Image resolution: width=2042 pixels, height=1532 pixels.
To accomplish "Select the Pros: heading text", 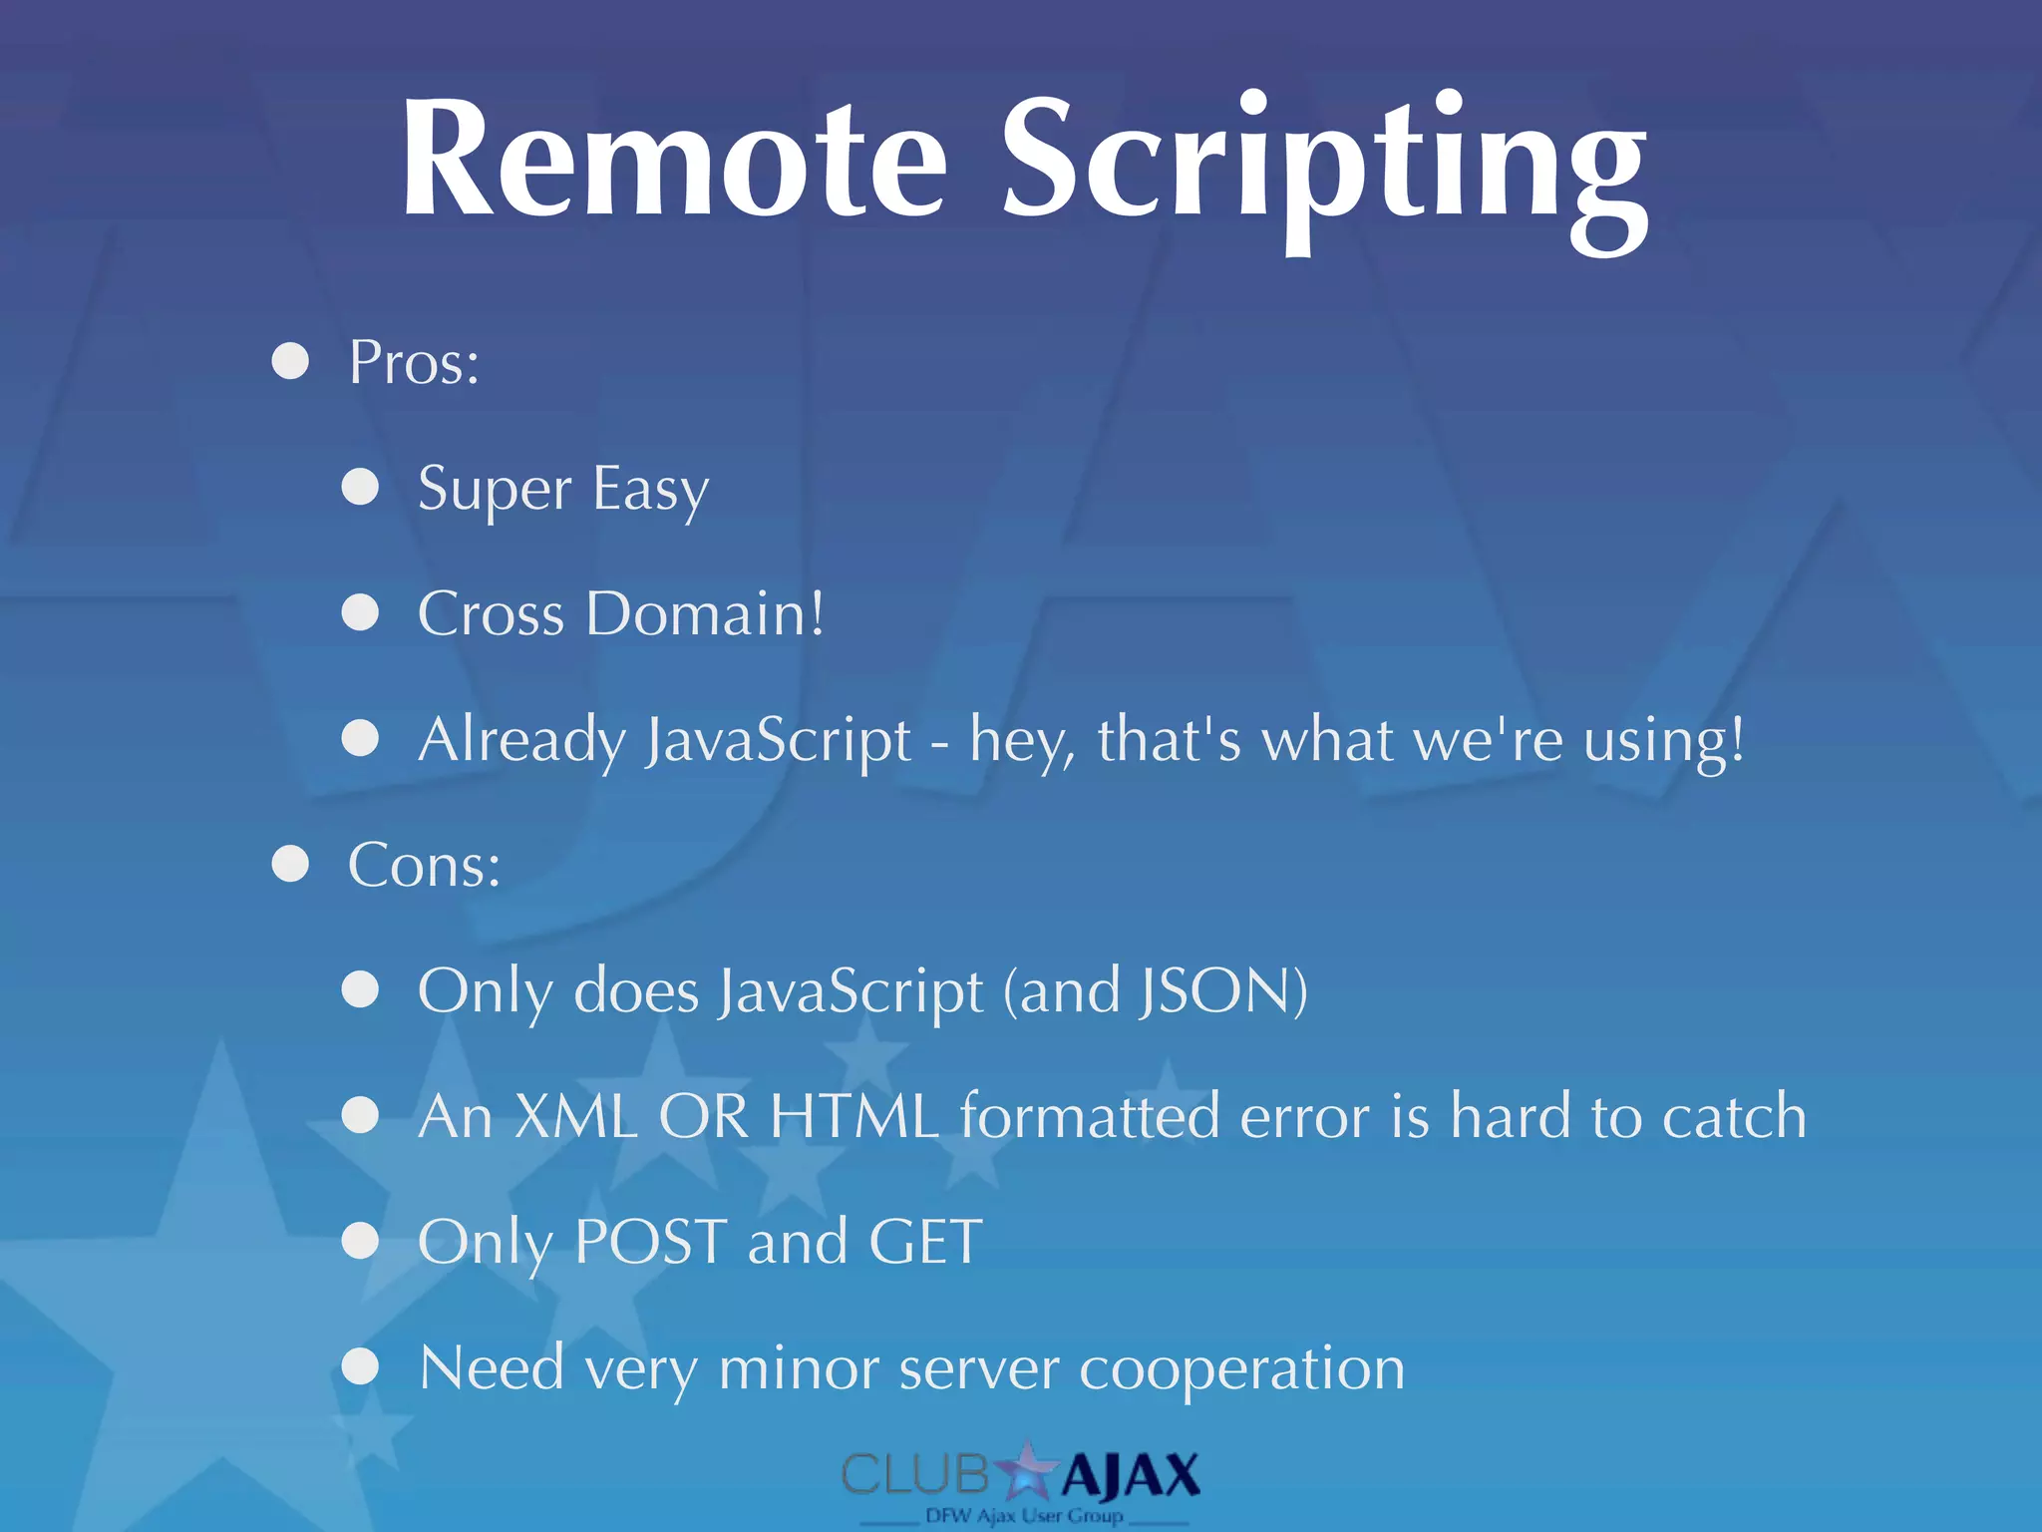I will pos(414,362).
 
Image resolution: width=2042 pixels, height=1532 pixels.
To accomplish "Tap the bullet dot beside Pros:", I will pos(290,361).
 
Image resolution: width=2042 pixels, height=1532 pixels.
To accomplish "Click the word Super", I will pos(495,491).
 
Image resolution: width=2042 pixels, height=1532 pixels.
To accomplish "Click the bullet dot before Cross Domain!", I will pos(360,612).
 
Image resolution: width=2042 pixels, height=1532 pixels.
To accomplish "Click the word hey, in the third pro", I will pos(1022,741).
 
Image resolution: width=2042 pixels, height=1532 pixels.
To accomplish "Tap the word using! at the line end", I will pos(1664,741).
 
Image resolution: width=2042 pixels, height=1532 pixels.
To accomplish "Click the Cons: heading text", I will pos(424,865).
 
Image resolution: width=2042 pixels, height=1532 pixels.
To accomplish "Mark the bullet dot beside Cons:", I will pos(290,864).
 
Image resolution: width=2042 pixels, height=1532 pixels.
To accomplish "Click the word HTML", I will pos(854,1116).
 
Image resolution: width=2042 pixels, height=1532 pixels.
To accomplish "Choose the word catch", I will pos(1734,1116).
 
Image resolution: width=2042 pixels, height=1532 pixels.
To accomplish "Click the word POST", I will pos(651,1242).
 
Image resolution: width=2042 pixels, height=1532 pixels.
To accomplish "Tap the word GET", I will pos(925,1242).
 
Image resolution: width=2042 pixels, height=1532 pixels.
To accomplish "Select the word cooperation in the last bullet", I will pos(1242,1369).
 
